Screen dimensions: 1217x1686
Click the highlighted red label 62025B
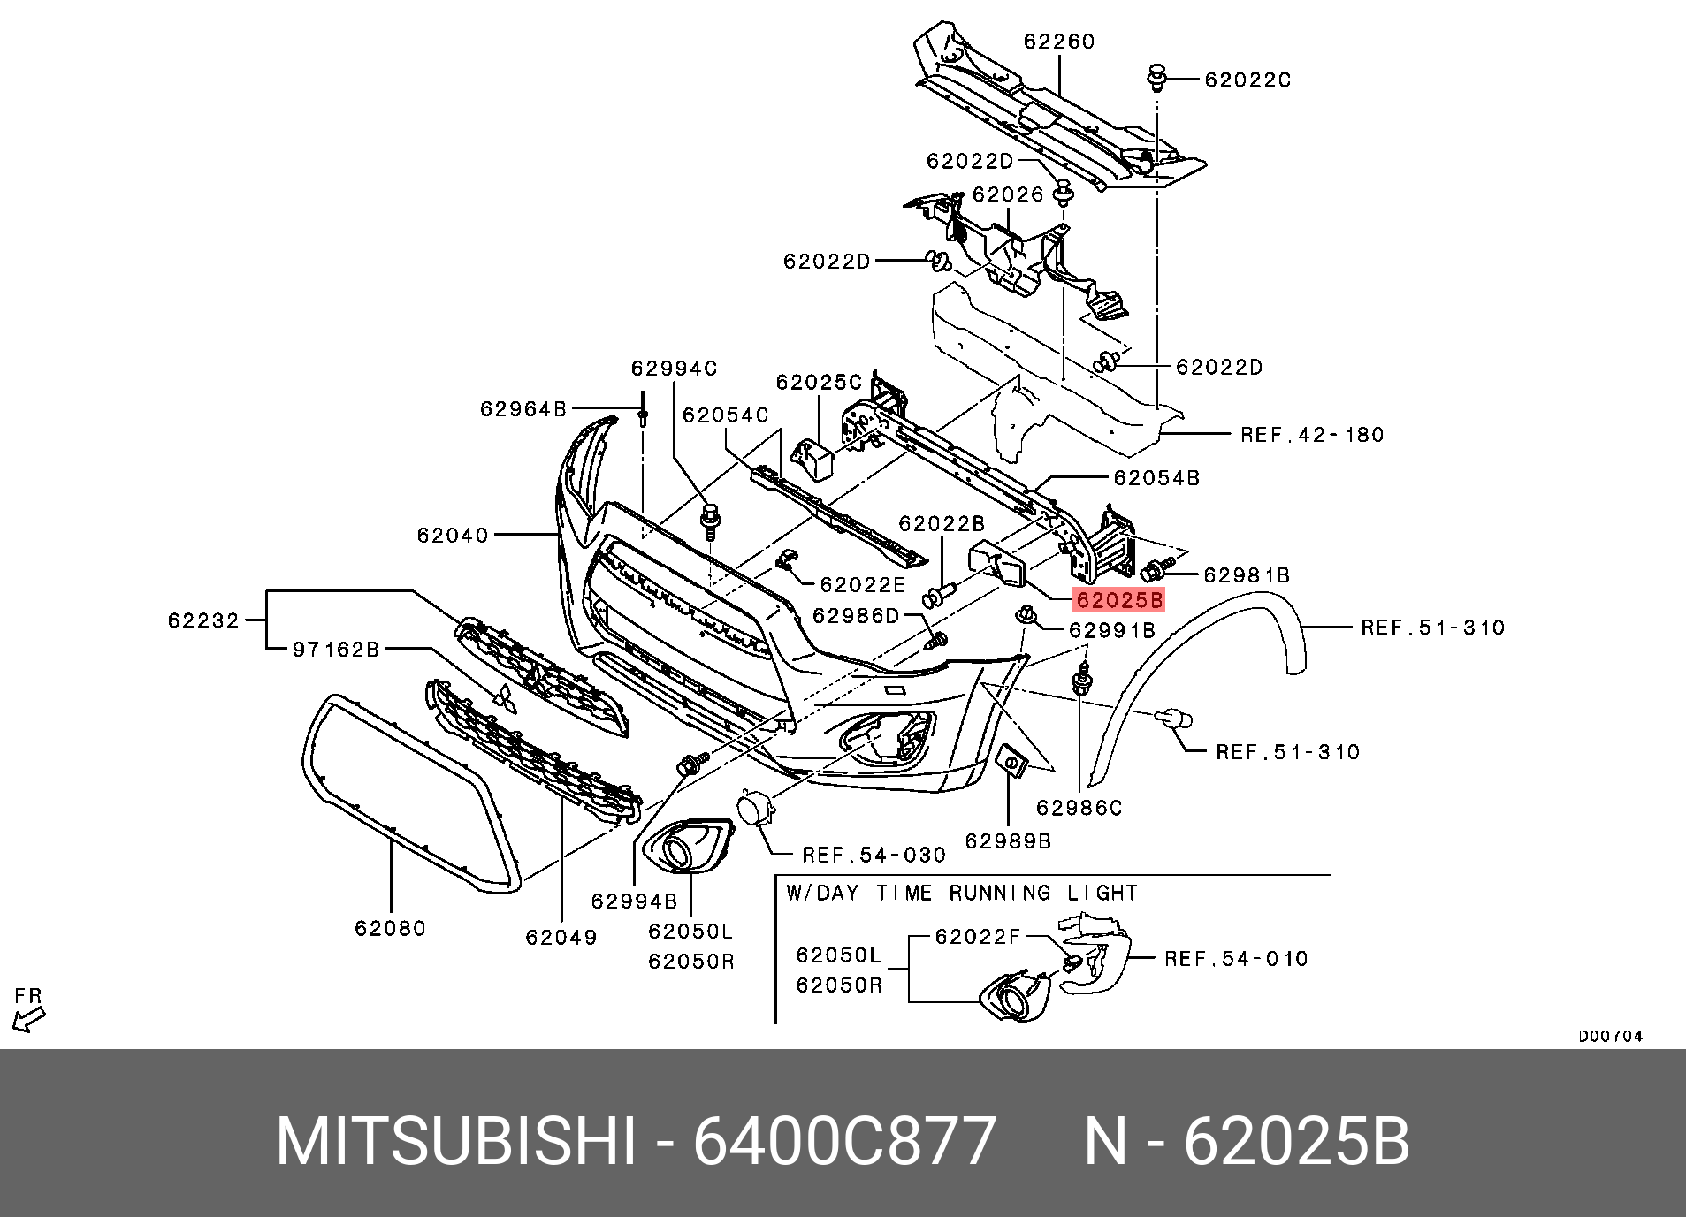click(x=1118, y=601)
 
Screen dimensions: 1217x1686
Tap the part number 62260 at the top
click(x=1059, y=42)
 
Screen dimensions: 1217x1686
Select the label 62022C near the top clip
click(x=1247, y=80)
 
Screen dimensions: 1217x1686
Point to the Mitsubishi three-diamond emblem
click(x=505, y=699)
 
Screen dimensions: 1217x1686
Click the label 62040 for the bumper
click(x=453, y=535)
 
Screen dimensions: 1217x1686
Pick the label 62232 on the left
click(x=203, y=621)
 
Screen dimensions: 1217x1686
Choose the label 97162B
click(x=335, y=650)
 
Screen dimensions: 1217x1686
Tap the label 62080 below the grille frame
click(x=391, y=928)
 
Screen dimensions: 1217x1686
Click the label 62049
click(x=561, y=937)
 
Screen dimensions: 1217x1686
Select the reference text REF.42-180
click(x=1312, y=435)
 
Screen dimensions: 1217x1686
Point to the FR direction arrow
click(x=28, y=1010)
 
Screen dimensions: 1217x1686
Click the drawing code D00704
click(x=1610, y=1037)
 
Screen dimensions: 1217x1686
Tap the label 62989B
click(x=1008, y=840)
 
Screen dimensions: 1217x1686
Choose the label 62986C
click(x=1079, y=808)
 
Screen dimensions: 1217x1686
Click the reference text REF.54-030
click(x=874, y=855)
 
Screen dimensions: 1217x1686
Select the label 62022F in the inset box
click(x=978, y=936)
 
